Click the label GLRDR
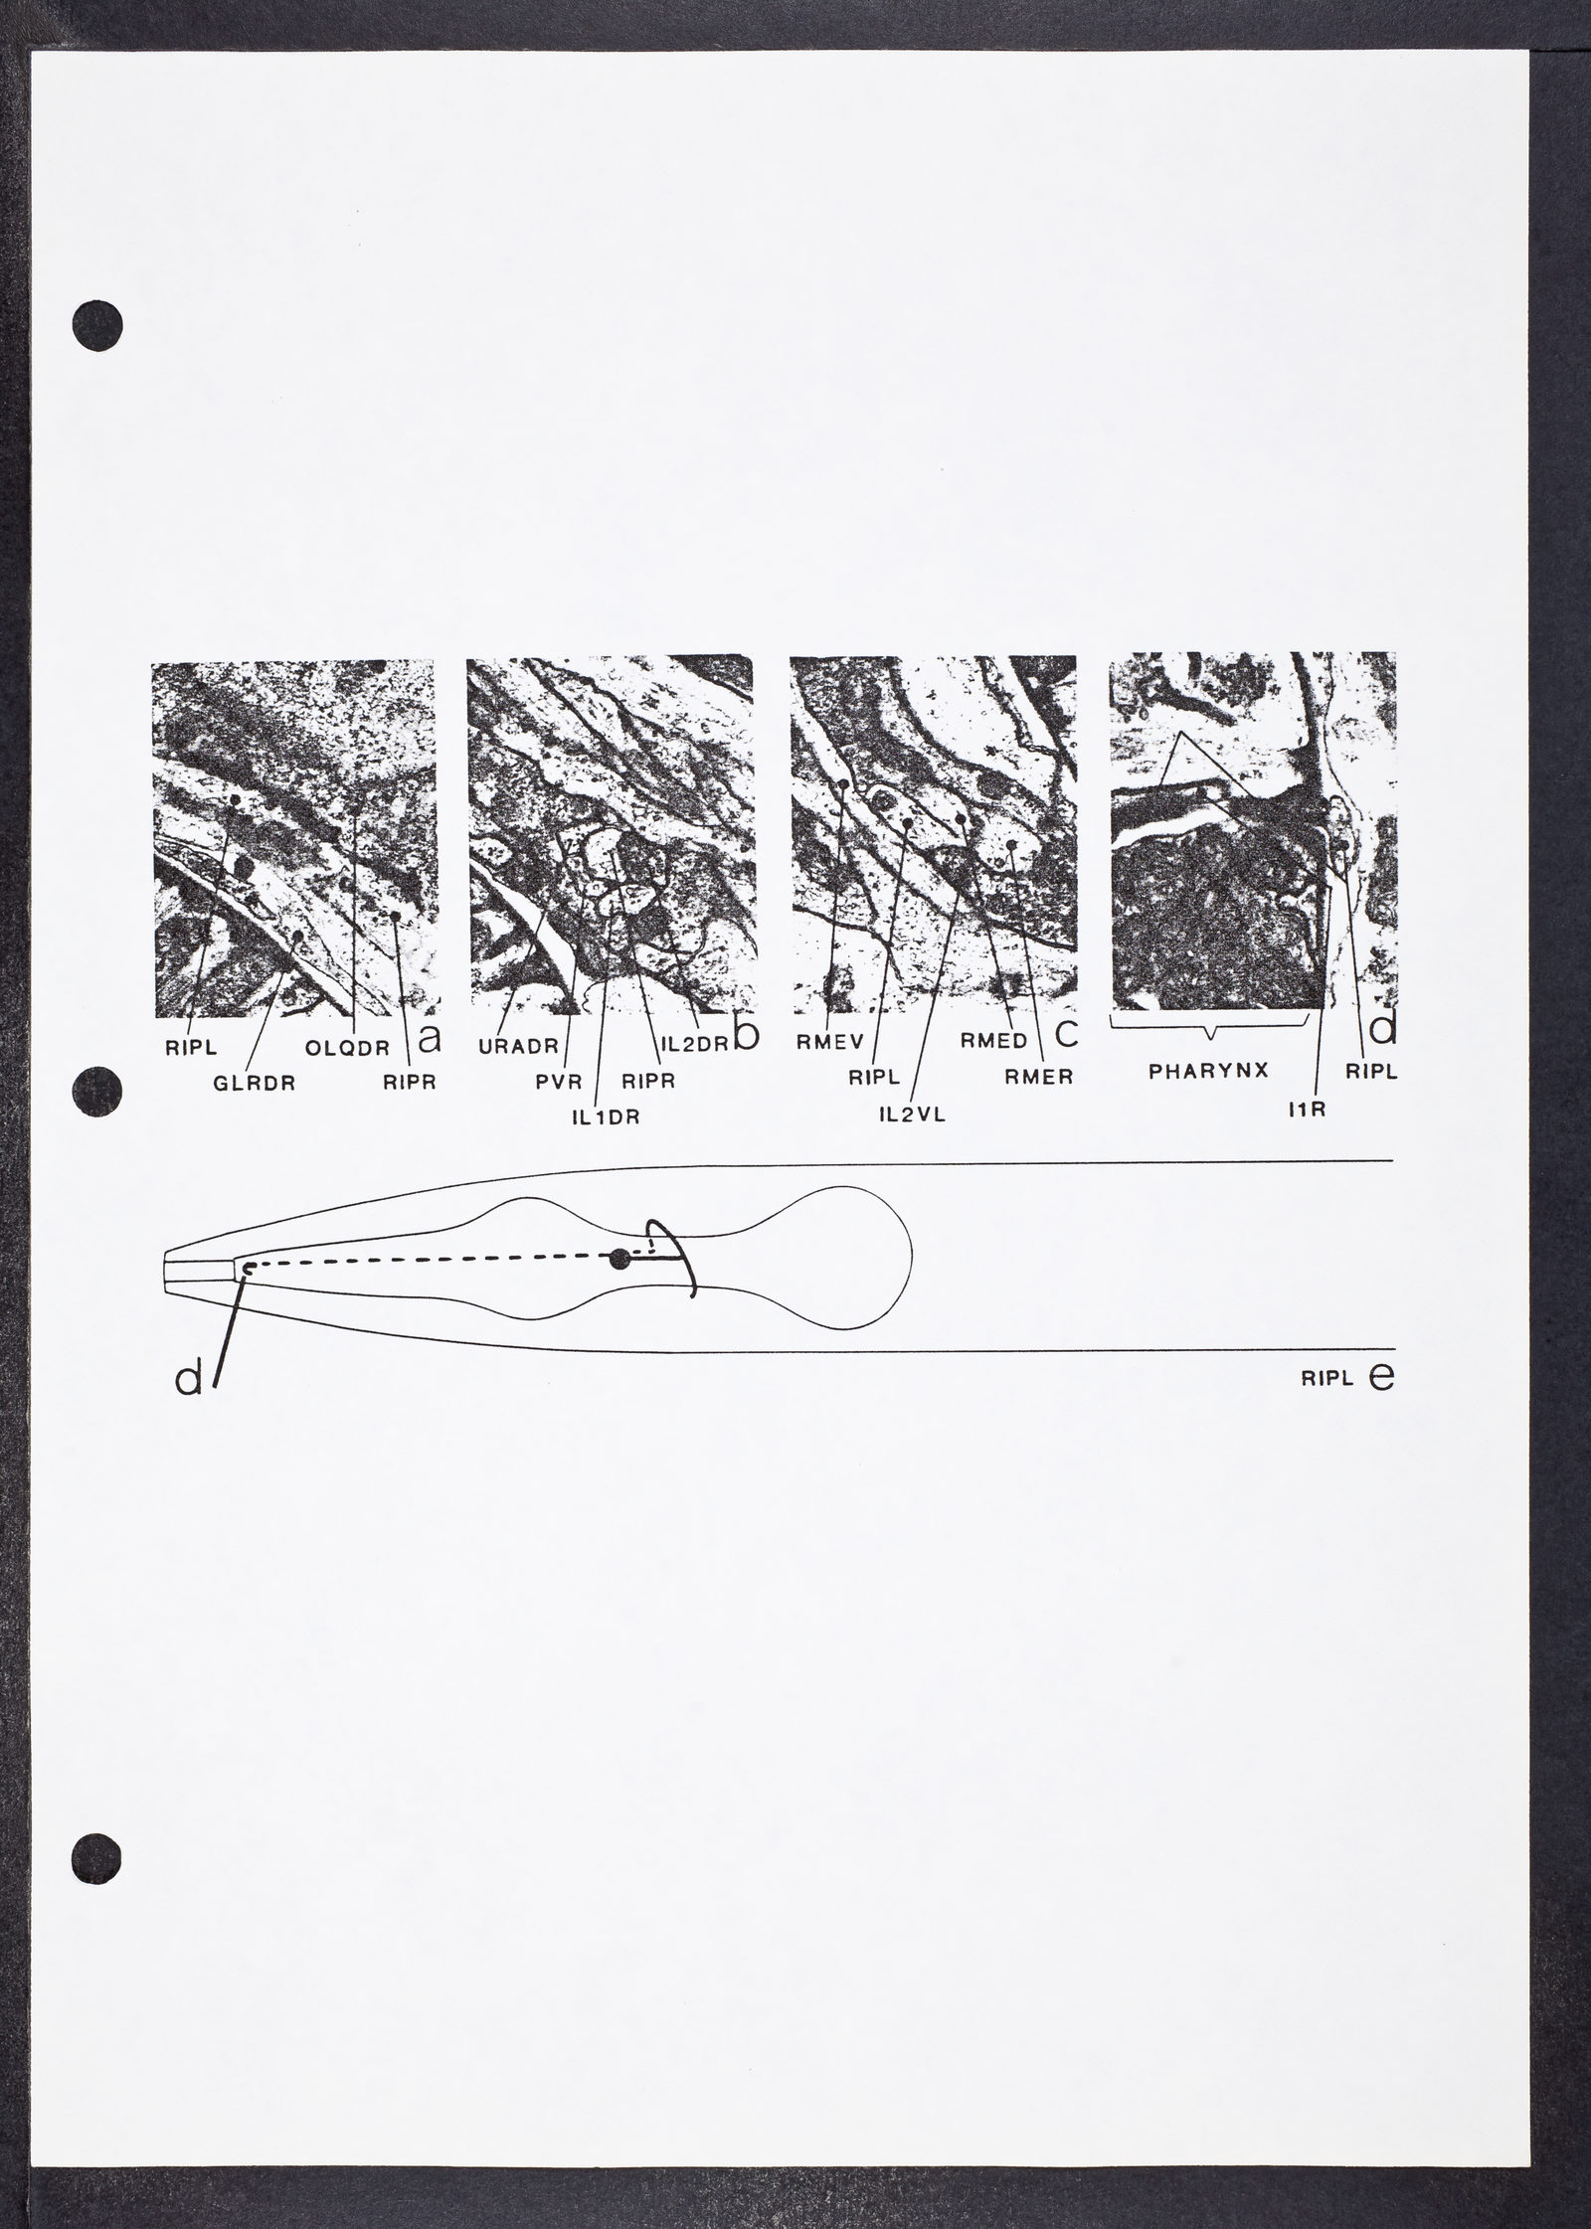(x=255, y=1084)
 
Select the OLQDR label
(x=346, y=1045)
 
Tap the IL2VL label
(x=911, y=1114)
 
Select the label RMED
(x=994, y=1041)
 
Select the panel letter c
(x=1066, y=1034)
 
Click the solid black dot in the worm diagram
(x=620, y=1260)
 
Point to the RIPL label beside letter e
(x=1327, y=1380)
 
